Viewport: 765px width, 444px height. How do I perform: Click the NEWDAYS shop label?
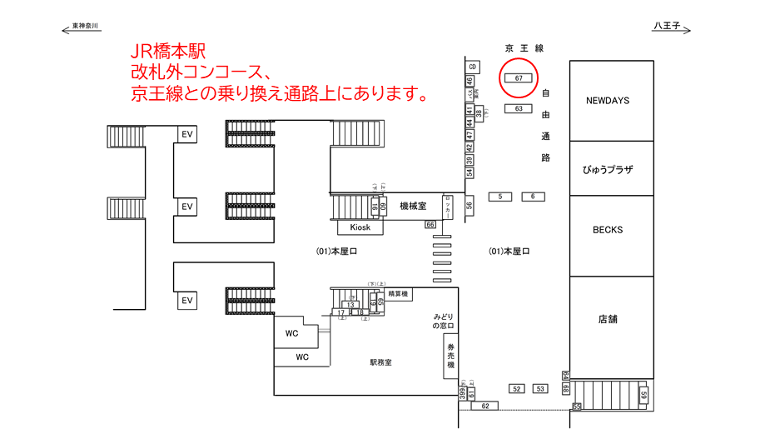[608, 101]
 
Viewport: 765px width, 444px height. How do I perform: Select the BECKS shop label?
[608, 230]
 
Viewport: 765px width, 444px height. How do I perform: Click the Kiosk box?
[360, 227]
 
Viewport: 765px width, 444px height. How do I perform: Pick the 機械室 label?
[413, 206]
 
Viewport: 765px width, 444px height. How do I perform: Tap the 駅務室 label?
[381, 362]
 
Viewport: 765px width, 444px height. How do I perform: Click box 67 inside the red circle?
[519, 78]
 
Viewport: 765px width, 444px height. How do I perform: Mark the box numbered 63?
[519, 108]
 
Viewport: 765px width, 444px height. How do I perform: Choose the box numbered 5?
[500, 197]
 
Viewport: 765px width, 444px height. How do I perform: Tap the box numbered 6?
[533, 197]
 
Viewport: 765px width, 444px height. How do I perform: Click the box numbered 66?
[430, 225]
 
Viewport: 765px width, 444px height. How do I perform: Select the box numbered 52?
[516, 389]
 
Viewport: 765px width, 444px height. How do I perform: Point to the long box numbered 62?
[484, 406]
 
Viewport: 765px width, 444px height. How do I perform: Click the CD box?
[473, 66]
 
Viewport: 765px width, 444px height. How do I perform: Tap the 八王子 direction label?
[666, 27]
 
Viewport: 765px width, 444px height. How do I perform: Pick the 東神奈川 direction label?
[86, 27]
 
